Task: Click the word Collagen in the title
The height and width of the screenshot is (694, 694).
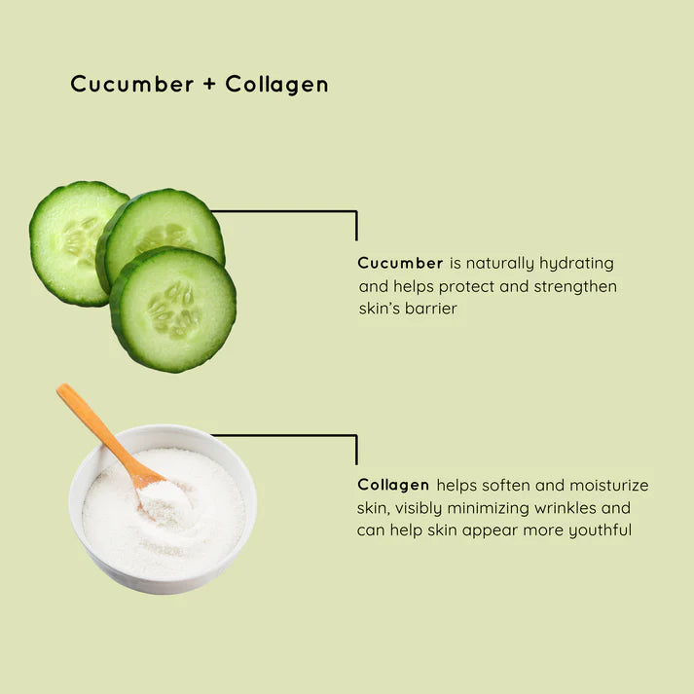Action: [277, 85]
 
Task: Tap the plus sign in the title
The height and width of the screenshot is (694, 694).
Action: [210, 85]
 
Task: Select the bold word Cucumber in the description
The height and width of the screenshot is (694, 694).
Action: [400, 263]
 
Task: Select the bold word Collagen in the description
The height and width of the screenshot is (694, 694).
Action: [393, 485]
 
